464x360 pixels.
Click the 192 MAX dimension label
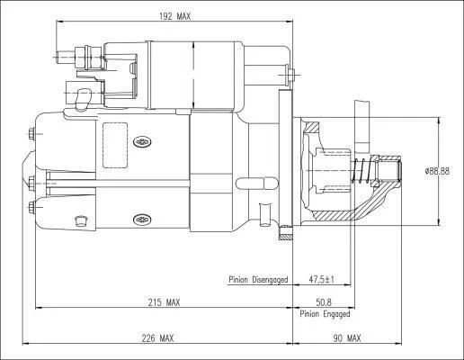point(174,16)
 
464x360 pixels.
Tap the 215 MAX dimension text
point(164,302)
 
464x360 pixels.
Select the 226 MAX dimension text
point(157,338)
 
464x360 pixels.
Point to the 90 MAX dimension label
point(347,338)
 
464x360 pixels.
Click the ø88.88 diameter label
point(437,171)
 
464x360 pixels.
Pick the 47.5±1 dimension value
point(321,279)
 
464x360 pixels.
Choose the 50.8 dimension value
point(324,302)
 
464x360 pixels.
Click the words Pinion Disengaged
point(258,280)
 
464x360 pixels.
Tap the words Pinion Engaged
point(325,314)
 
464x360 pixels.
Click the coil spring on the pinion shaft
point(361,170)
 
